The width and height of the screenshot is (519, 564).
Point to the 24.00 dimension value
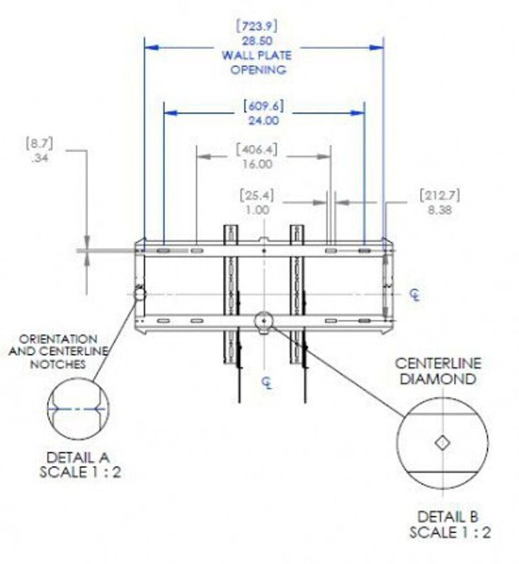tap(264, 121)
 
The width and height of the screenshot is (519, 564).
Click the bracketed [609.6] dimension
tap(264, 106)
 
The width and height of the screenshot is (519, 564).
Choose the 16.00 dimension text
tap(256, 164)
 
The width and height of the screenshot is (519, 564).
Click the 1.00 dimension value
tap(257, 210)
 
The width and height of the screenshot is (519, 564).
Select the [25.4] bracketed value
tap(257, 196)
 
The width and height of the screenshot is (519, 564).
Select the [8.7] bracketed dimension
tap(39, 145)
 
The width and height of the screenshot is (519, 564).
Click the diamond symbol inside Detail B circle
tap(441, 443)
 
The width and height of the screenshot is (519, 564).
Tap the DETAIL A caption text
tap(78, 457)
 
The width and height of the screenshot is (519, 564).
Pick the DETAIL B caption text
tap(448, 517)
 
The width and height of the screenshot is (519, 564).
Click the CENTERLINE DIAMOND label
tap(438, 371)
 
